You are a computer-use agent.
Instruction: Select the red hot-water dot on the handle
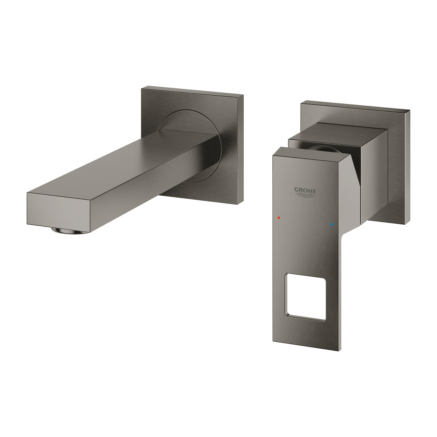(279, 217)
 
